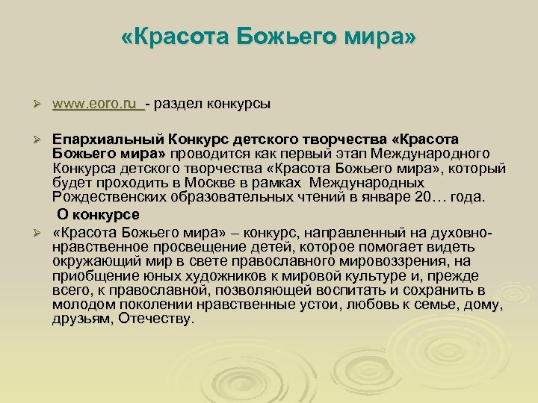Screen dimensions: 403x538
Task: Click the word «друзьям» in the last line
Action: coord(78,319)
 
